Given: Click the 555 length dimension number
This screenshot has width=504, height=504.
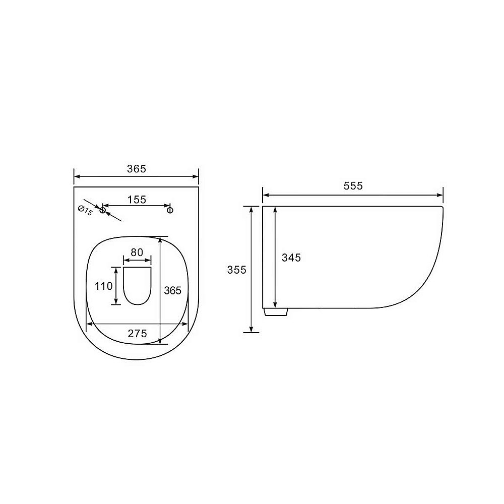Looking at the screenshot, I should [x=353, y=186].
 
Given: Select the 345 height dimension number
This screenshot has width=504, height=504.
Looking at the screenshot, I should [x=291, y=258].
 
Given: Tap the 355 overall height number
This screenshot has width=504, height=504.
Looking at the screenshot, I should [x=236, y=270].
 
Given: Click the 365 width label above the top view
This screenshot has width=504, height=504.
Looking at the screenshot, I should [x=136, y=169].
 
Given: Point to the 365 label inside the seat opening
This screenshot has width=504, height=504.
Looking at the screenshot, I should [x=172, y=290].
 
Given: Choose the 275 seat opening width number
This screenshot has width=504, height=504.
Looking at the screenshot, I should [x=137, y=333].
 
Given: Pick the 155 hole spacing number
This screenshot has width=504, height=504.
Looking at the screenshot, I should [x=136, y=200].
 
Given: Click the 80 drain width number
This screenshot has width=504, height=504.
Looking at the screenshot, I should [x=137, y=251].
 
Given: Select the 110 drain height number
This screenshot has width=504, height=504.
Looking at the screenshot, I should [x=103, y=286].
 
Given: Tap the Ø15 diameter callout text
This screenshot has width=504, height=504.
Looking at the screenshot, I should [x=85, y=211].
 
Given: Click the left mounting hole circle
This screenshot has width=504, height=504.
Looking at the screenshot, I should [x=102, y=210].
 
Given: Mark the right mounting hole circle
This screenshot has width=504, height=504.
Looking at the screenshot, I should [x=170, y=210].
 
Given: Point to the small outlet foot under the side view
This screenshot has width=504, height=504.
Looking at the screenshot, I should [x=276, y=311].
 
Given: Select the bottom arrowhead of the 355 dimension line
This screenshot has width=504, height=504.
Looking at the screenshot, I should [x=250, y=329].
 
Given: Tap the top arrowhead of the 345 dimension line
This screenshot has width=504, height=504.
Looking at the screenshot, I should [x=275, y=210].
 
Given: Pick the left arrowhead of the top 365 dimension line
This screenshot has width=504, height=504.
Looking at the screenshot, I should [x=78, y=176].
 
